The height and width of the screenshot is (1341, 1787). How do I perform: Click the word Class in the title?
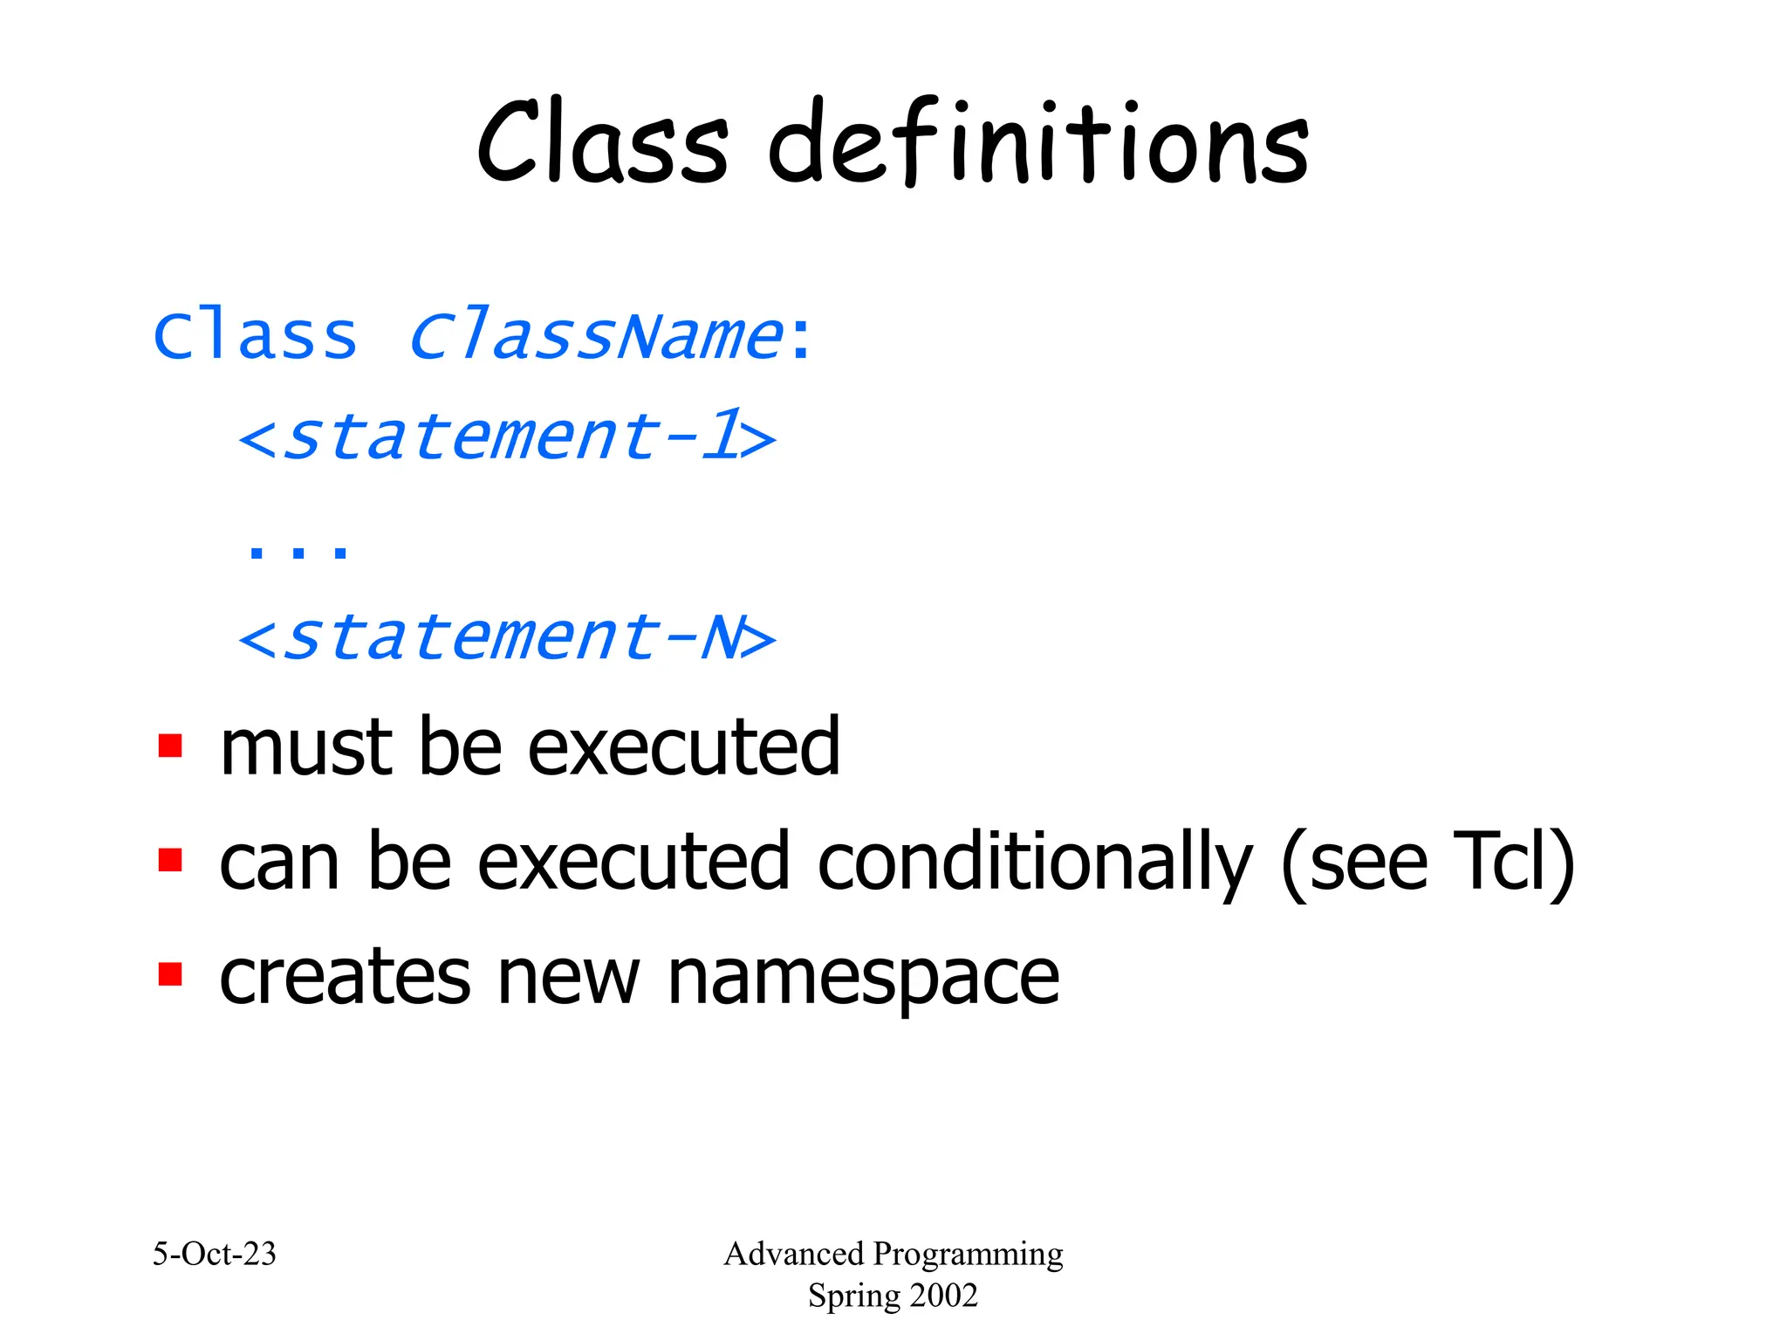(602, 144)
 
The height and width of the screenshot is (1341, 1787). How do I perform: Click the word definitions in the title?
(1038, 144)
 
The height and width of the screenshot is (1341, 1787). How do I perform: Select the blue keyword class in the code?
(255, 336)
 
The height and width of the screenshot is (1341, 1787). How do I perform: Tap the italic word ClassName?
(596, 336)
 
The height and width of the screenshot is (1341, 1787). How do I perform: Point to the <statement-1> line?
(506, 437)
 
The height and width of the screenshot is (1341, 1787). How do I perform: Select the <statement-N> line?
(506, 637)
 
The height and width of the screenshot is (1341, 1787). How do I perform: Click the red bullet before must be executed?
(170, 746)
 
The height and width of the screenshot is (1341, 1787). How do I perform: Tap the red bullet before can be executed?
(170, 860)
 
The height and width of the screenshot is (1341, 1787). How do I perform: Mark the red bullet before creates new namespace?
(170, 973)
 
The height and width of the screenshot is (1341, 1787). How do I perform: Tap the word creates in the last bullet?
(345, 978)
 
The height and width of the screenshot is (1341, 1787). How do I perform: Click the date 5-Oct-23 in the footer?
(214, 1255)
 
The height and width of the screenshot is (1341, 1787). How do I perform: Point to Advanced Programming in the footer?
(893, 1255)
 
